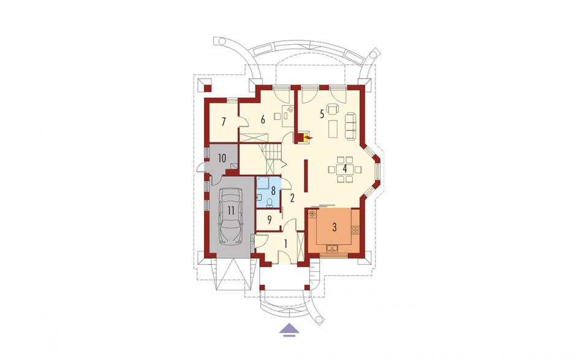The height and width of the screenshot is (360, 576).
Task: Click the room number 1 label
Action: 285,243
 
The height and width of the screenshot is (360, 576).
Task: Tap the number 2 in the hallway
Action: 292,198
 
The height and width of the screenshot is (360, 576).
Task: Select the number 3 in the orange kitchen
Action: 335,228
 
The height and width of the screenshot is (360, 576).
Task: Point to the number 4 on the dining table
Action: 345,169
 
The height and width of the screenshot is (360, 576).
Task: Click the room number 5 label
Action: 322,114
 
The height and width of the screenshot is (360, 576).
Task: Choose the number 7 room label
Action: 224,121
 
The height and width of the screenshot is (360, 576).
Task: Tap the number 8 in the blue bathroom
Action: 273,191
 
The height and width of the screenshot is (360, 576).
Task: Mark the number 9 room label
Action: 269,220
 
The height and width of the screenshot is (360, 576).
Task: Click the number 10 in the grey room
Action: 221,158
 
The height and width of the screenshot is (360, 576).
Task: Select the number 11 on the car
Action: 230,210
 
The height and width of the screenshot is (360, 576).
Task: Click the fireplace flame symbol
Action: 308,137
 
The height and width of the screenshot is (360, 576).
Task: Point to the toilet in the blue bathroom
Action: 269,202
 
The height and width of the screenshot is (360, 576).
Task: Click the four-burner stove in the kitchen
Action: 355,230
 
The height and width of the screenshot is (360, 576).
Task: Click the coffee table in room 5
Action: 333,128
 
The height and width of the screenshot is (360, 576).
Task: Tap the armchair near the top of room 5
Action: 333,109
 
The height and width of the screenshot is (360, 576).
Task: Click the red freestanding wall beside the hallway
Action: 306,176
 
